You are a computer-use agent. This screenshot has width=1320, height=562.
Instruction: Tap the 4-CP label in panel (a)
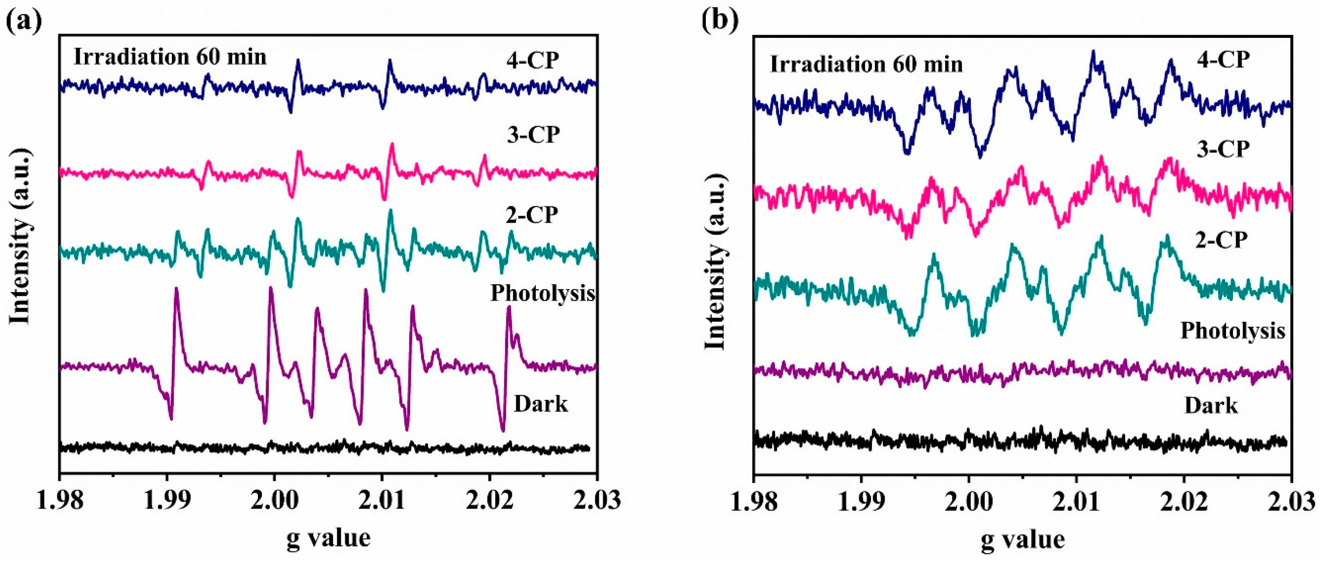[533, 61]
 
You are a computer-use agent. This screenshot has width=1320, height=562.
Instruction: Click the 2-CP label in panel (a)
[532, 214]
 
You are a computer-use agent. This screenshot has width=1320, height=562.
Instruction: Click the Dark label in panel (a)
[541, 404]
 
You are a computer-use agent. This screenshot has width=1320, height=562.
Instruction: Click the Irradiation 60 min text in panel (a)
[170, 56]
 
